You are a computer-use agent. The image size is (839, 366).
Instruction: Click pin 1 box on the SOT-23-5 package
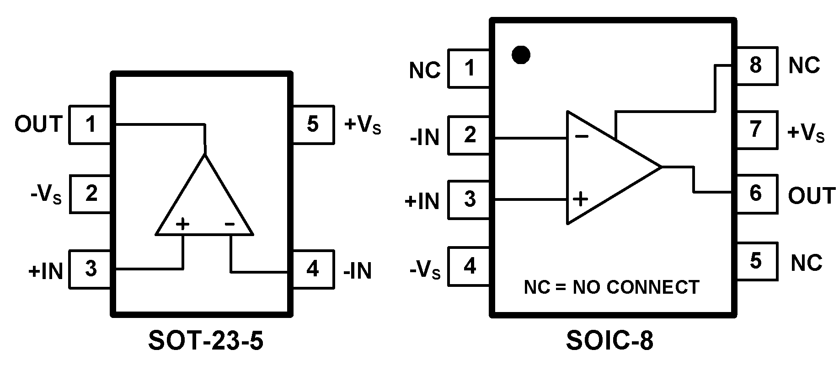90,124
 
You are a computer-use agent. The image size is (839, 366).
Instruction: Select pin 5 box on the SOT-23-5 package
313,124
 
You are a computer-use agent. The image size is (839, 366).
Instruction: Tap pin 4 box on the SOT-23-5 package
313,269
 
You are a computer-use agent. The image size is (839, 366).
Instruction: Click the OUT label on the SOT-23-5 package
38,124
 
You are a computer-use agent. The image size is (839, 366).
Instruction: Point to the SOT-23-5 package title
206,341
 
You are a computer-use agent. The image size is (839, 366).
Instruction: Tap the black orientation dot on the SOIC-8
521,55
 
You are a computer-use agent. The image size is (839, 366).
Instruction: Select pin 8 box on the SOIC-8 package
756,65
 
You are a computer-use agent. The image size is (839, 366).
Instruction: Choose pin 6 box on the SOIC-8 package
756,194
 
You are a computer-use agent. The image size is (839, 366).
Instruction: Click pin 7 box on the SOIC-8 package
756,129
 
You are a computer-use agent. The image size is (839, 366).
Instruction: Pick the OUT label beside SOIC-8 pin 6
812,196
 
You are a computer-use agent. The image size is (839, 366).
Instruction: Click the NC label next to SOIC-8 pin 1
425,70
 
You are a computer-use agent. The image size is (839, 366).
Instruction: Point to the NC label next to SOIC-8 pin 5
807,263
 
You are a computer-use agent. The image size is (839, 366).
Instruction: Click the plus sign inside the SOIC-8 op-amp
581,199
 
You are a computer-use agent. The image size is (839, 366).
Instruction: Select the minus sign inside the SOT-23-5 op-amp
230,224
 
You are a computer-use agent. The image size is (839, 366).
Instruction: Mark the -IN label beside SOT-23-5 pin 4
358,271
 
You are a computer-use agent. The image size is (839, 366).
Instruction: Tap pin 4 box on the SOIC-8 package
470,266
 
